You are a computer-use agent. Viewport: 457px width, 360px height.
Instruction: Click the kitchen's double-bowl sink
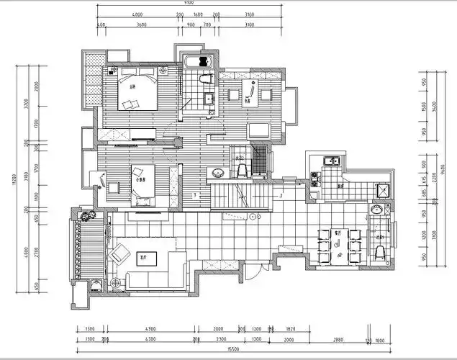pos(331,161)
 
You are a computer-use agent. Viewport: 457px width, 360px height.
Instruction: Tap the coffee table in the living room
pos(148,256)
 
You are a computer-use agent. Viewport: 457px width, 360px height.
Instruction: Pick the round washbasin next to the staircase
pos(217,173)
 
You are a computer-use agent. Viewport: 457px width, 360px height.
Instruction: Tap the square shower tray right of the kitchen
pos(384,191)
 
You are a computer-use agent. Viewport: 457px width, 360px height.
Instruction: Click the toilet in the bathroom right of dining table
pos(379,251)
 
